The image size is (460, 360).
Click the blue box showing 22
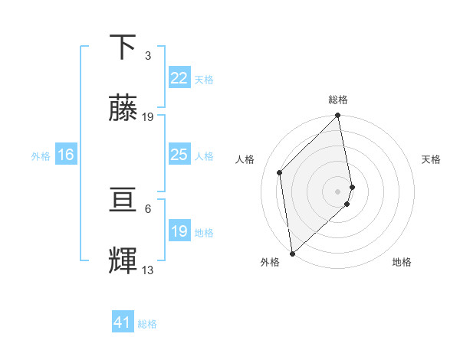pyautogui.click(x=179, y=78)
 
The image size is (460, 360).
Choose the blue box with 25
pyautogui.click(x=179, y=155)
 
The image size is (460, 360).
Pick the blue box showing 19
pyautogui.click(x=179, y=231)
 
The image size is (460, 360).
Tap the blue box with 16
pyautogui.click(x=66, y=155)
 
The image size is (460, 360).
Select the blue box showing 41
pyautogui.click(x=123, y=323)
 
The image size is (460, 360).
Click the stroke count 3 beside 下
pyautogui.click(x=148, y=56)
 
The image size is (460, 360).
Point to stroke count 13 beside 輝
pyautogui.click(x=148, y=270)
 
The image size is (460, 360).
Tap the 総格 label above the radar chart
pyautogui.click(x=338, y=100)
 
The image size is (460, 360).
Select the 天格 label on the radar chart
pyautogui.click(x=431, y=159)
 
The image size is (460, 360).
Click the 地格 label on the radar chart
pyautogui.click(x=402, y=262)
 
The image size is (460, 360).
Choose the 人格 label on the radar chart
pyautogui.click(x=245, y=159)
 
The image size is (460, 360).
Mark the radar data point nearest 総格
pyautogui.click(x=338, y=116)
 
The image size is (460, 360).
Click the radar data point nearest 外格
pyautogui.click(x=291, y=253)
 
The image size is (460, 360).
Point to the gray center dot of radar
pyautogui.click(x=338, y=191)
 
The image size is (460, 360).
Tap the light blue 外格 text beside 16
pyautogui.click(x=41, y=155)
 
